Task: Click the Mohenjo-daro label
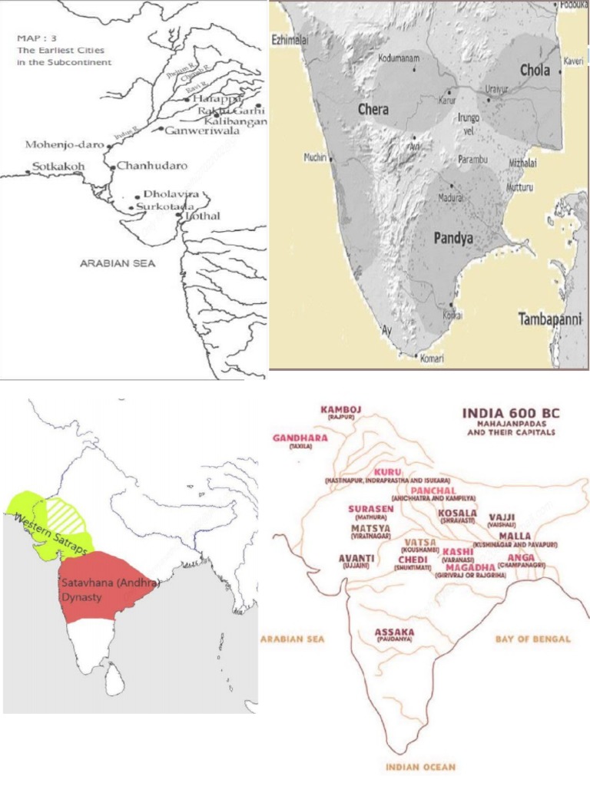click(x=58, y=144)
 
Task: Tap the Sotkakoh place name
click(x=58, y=166)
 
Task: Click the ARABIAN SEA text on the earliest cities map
click(x=118, y=263)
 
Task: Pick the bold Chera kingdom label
click(x=373, y=110)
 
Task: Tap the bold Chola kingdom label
click(x=535, y=70)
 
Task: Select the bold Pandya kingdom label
click(x=453, y=239)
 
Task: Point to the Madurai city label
click(x=450, y=197)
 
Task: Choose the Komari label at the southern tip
click(x=433, y=357)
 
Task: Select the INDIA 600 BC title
click(x=511, y=413)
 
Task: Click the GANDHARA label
click(x=300, y=438)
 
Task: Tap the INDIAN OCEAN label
click(x=421, y=766)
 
